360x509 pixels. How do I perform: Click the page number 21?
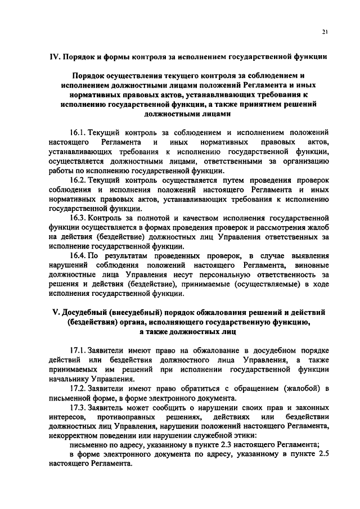[325, 32]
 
